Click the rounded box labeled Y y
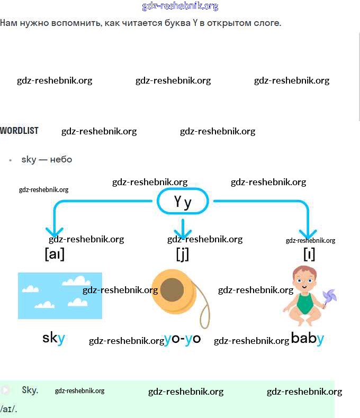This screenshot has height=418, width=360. [183, 202]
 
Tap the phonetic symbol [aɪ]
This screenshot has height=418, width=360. [55, 255]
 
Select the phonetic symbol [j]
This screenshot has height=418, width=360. [182, 255]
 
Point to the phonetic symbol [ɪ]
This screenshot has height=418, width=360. [309, 255]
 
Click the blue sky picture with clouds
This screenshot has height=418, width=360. [59, 295]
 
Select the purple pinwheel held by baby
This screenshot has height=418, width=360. [329, 298]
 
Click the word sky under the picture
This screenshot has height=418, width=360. [53, 338]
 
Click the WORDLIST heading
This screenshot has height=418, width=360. [19, 131]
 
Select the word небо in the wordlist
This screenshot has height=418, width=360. [61, 159]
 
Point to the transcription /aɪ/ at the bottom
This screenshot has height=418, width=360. [8, 409]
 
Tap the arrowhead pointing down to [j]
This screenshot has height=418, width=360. [183, 233]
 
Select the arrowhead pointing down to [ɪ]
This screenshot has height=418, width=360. [308, 233]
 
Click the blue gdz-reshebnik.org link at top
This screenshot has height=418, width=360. [180, 6]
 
